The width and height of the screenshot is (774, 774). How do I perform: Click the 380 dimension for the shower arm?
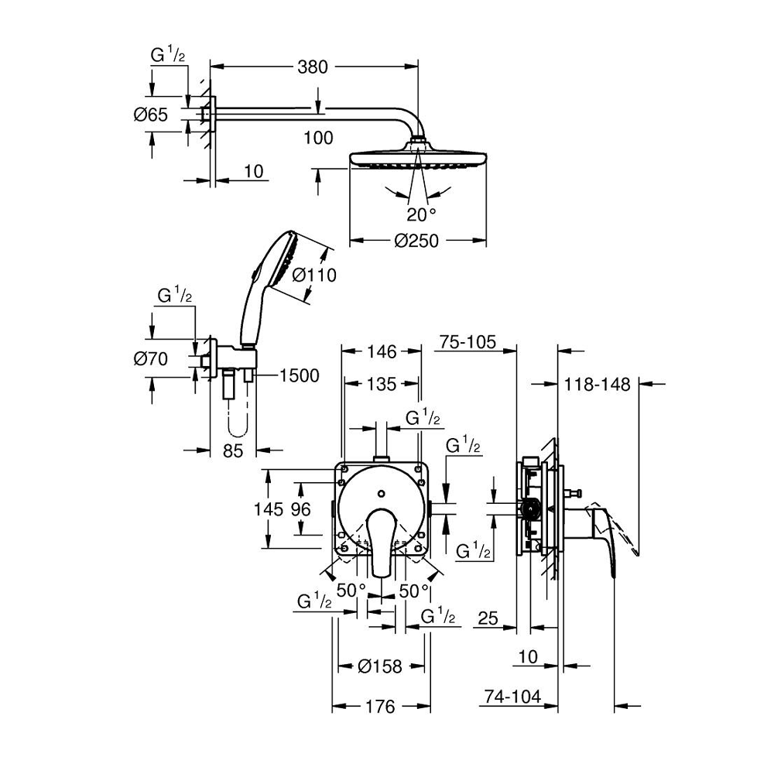point(313,67)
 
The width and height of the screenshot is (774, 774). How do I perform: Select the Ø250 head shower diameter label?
point(416,241)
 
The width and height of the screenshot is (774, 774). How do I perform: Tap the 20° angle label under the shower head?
point(421,213)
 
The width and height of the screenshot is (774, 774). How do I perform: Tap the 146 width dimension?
point(381,352)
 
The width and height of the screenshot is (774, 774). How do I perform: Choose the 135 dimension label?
point(381,384)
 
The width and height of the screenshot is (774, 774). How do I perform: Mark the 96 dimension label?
point(300,509)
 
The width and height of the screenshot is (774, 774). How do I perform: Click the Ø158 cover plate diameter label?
point(382,666)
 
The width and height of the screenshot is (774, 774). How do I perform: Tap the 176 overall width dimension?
point(381,706)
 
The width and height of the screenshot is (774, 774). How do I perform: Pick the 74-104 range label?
point(509,697)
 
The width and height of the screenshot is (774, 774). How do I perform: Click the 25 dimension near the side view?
point(486,618)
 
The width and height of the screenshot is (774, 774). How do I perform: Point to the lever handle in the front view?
point(381,542)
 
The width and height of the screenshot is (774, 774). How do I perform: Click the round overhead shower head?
point(418,159)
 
